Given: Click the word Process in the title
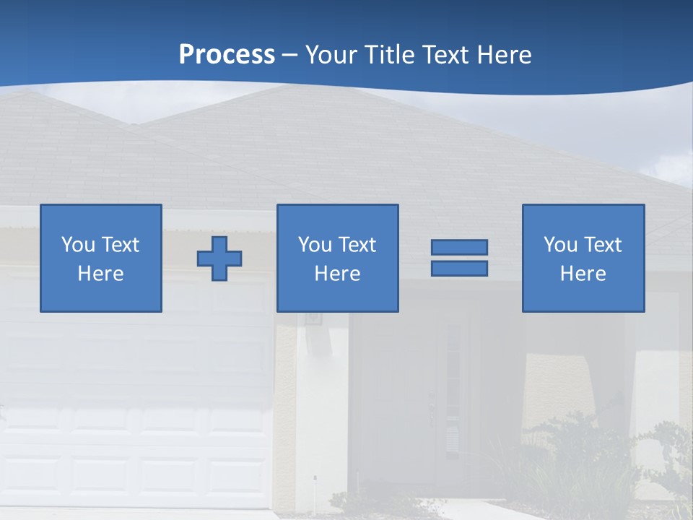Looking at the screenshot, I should click(227, 55).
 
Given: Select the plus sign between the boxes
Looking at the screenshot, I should click(219, 258).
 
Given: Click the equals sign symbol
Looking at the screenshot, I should click(459, 258).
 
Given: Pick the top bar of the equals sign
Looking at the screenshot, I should click(459, 247).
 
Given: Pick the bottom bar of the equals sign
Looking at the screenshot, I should click(459, 268).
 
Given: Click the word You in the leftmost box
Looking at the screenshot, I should click(78, 245).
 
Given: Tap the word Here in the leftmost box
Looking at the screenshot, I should click(101, 274).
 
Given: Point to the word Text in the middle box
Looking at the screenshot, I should click(357, 245).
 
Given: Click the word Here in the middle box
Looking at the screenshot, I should click(338, 274).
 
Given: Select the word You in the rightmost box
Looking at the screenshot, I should click(560, 245).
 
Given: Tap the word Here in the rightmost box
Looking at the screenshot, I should click(583, 274).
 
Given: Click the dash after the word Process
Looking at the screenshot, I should click(290, 55).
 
